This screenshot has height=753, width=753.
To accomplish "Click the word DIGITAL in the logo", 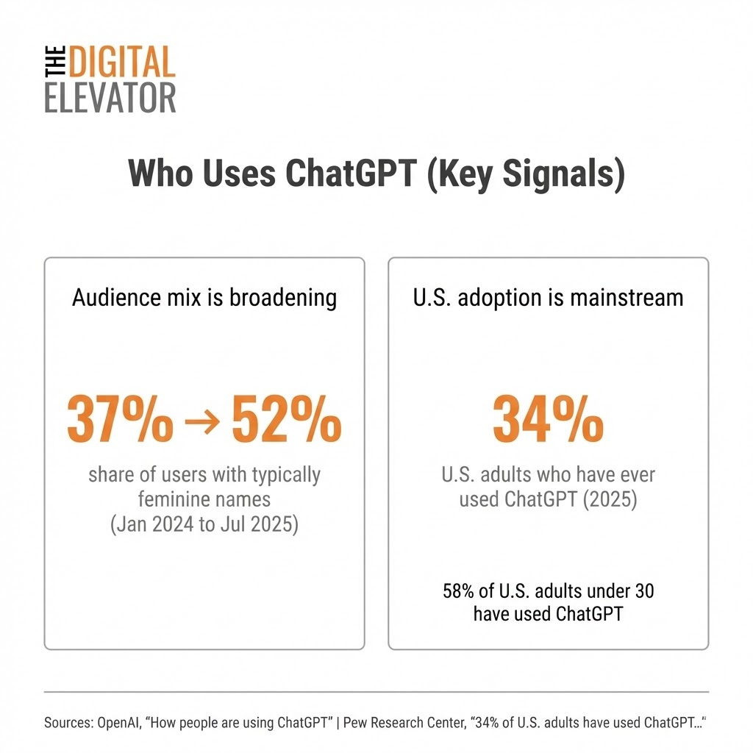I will pyautogui.click(x=122, y=63).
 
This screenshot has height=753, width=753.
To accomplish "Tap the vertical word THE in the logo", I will pyautogui.click(x=56, y=63).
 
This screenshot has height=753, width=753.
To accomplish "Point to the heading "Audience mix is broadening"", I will pyautogui.click(x=204, y=298).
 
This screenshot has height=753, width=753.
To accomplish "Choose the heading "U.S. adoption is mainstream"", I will pyautogui.click(x=548, y=298).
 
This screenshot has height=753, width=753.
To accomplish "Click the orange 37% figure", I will pyautogui.click(x=120, y=421).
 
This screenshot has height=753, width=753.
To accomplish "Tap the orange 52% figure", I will pyautogui.click(x=287, y=421).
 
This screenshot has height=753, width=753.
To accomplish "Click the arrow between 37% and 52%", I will pyautogui.click(x=203, y=422).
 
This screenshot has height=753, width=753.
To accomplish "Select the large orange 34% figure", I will pyautogui.click(x=548, y=421).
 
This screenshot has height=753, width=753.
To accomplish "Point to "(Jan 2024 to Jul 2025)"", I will pyautogui.click(x=204, y=526).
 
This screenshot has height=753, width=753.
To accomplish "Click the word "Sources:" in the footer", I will pyautogui.click(x=68, y=723).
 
